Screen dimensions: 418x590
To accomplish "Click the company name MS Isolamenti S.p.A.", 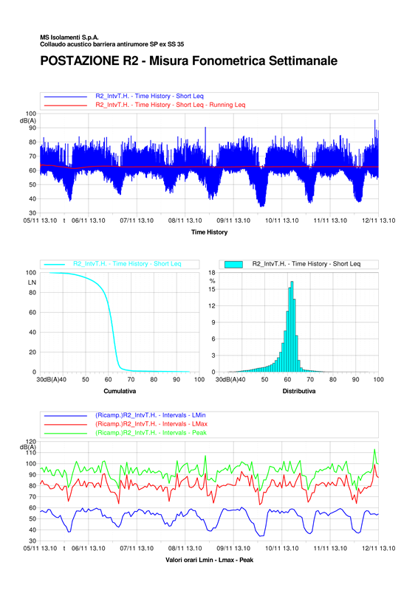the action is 69,38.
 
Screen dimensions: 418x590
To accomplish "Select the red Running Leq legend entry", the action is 171,105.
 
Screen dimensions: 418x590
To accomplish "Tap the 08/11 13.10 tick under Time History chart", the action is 185,221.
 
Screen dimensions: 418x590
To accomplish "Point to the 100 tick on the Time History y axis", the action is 31,114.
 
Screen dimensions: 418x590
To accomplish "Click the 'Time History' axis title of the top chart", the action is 209,232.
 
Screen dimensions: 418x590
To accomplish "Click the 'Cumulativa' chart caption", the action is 120,392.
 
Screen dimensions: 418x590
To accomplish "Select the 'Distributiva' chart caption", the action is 299,392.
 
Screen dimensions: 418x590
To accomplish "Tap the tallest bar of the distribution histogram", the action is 292,327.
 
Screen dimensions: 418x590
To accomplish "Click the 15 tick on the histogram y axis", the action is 212,289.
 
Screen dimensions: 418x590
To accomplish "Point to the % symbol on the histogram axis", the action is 212,281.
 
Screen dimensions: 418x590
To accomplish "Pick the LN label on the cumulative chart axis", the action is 32,282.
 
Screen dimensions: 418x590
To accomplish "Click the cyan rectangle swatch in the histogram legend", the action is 233,265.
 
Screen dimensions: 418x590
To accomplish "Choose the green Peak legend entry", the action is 151,433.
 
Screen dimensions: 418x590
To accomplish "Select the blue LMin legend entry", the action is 151,415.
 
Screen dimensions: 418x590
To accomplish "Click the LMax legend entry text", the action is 151,424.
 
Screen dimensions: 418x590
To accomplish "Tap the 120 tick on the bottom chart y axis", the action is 31,441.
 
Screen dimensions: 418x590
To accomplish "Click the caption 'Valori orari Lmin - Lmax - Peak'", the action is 209,560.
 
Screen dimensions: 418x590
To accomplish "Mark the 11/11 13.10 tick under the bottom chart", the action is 330,548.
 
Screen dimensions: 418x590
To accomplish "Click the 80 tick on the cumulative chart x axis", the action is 154,380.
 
